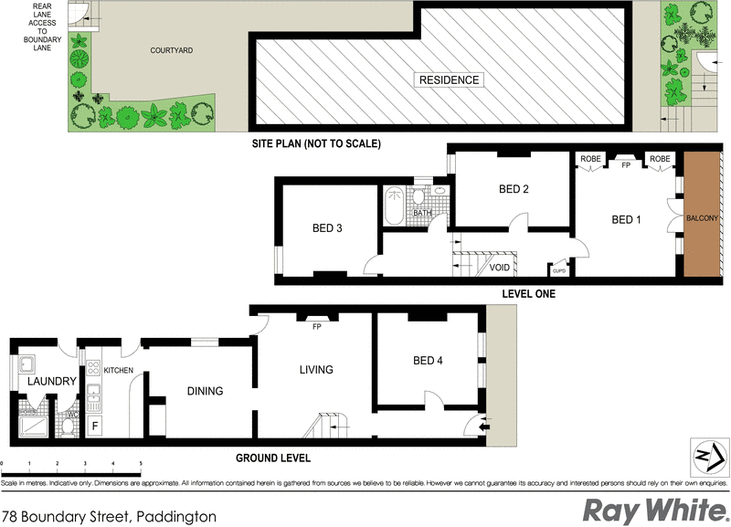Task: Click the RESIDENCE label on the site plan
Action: tap(449, 79)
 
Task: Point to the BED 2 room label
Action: tap(514, 190)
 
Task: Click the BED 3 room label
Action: tap(326, 228)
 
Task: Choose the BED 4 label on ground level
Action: tap(428, 361)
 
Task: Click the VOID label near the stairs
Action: tap(500, 268)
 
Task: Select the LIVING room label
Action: tap(316, 370)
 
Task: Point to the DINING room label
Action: tap(205, 391)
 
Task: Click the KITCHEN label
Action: tap(119, 370)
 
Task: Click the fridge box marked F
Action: tap(94, 426)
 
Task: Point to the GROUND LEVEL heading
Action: tap(273, 458)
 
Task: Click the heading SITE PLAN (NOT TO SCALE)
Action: tap(316, 144)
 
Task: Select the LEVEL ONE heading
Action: tap(528, 295)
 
